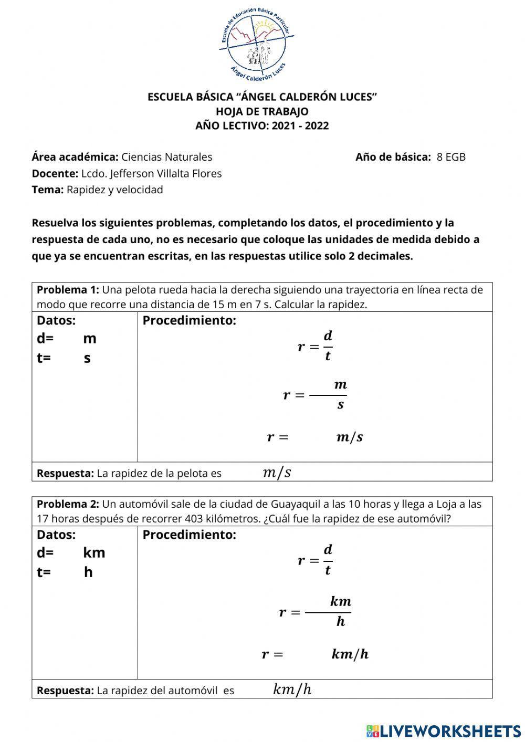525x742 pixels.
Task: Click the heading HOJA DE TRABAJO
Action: [x=262, y=111]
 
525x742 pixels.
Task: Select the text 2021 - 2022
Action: [x=300, y=126]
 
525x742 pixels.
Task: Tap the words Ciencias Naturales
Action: [x=167, y=157]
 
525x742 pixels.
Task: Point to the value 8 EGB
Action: [x=451, y=157]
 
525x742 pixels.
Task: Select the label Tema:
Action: [x=48, y=190]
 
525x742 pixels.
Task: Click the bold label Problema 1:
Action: [x=68, y=290]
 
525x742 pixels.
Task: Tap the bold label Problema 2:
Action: [x=68, y=505]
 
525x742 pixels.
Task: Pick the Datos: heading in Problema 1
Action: [x=56, y=320]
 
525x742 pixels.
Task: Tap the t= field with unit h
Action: [x=66, y=572]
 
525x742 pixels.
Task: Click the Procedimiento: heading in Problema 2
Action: [x=190, y=535]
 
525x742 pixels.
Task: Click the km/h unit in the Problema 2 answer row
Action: [x=292, y=689]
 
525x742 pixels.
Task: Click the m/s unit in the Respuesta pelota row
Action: [x=277, y=473]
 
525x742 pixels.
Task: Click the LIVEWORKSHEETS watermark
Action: [x=444, y=730]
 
